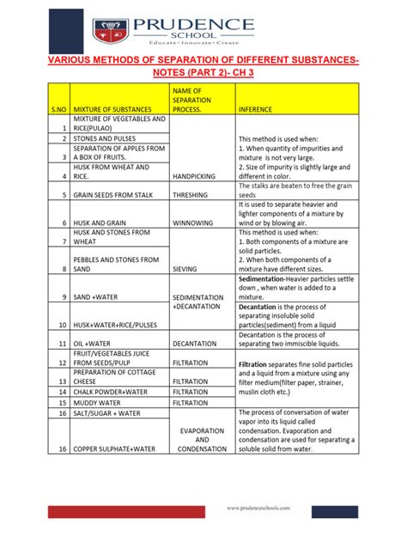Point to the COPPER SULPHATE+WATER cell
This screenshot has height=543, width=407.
point(120,448)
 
